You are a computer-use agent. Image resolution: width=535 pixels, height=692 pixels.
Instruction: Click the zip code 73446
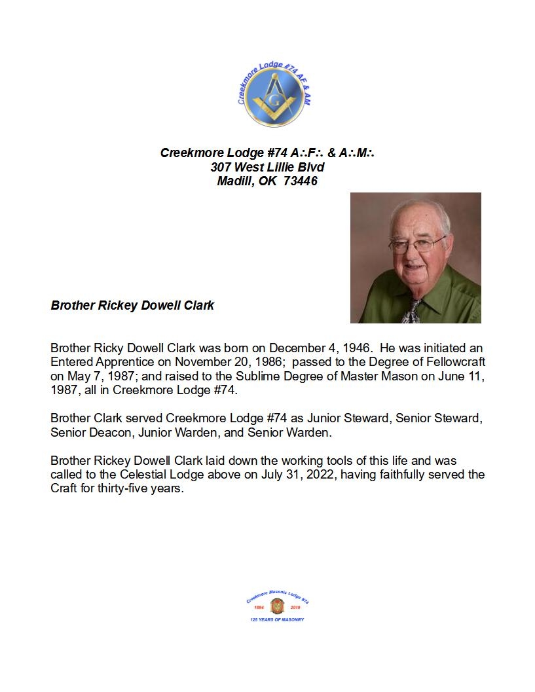tap(301, 181)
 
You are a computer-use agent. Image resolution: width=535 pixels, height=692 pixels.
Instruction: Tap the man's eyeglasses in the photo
tap(416, 245)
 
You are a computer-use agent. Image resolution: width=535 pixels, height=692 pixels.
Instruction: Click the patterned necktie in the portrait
tap(412, 310)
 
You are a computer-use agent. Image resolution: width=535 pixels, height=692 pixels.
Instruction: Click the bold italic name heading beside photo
tap(132, 306)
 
